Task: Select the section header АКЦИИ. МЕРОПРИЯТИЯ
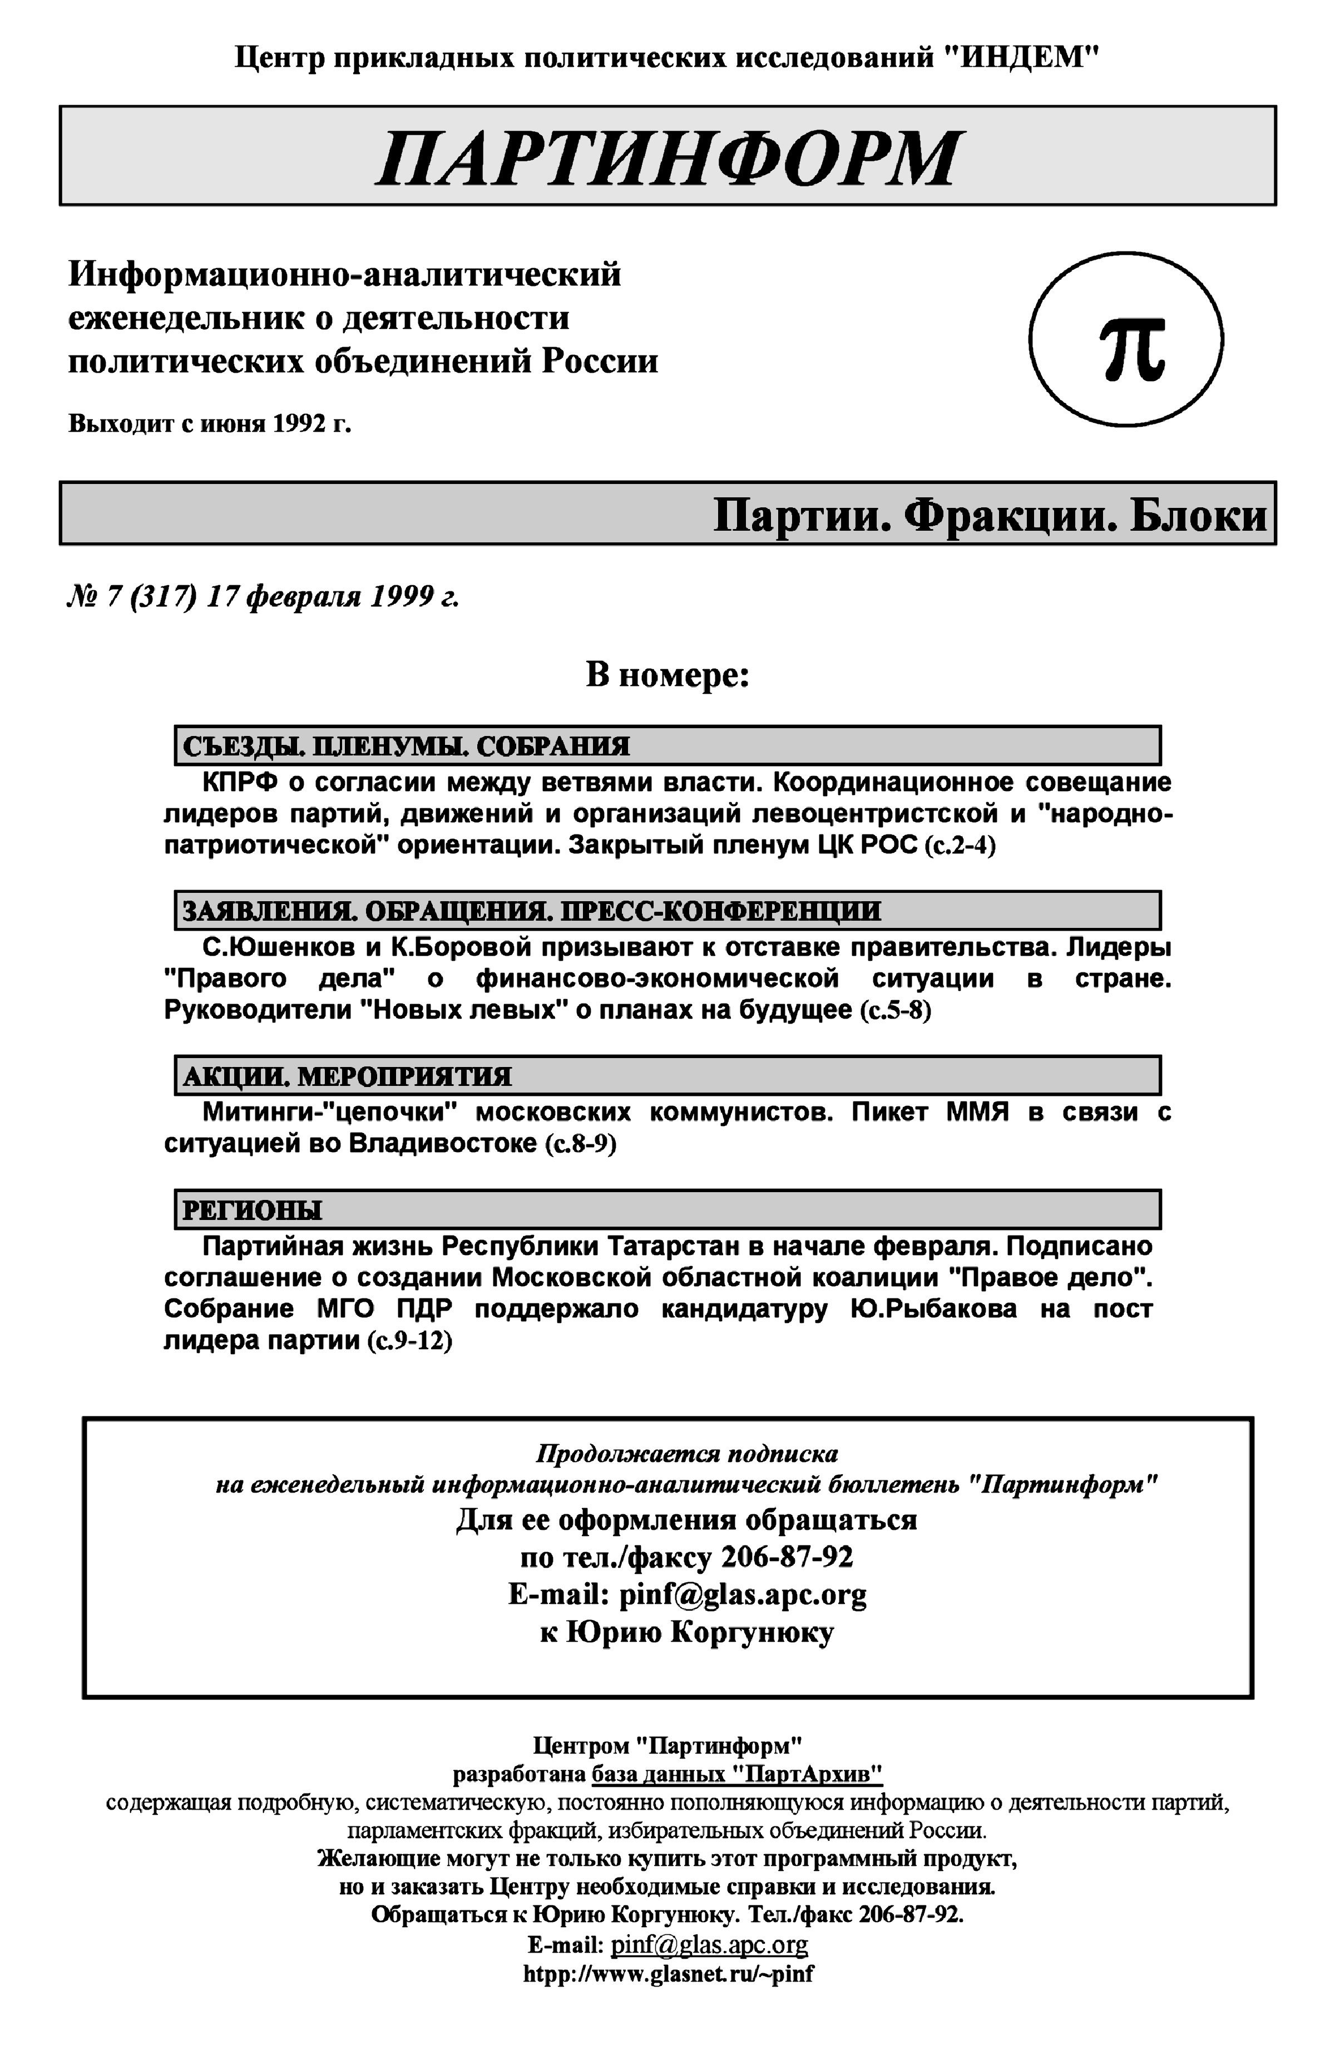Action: click(x=347, y=1076)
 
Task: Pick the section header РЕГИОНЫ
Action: click(x=251, y=1209)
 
